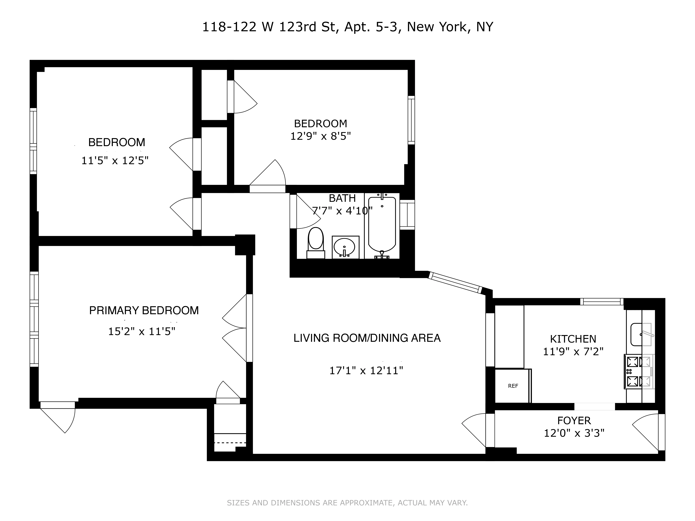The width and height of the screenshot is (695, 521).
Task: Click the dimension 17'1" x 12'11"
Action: point(366,371)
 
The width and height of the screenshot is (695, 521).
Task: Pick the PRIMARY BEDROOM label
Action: point(144,310)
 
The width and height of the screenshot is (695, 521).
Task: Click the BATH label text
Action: point(342,198)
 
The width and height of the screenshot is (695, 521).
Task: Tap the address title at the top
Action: point(347,27)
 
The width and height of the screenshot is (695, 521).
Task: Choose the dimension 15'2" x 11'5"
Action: point(142,331)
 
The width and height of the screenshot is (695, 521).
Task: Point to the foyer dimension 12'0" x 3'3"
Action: point(574,433)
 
